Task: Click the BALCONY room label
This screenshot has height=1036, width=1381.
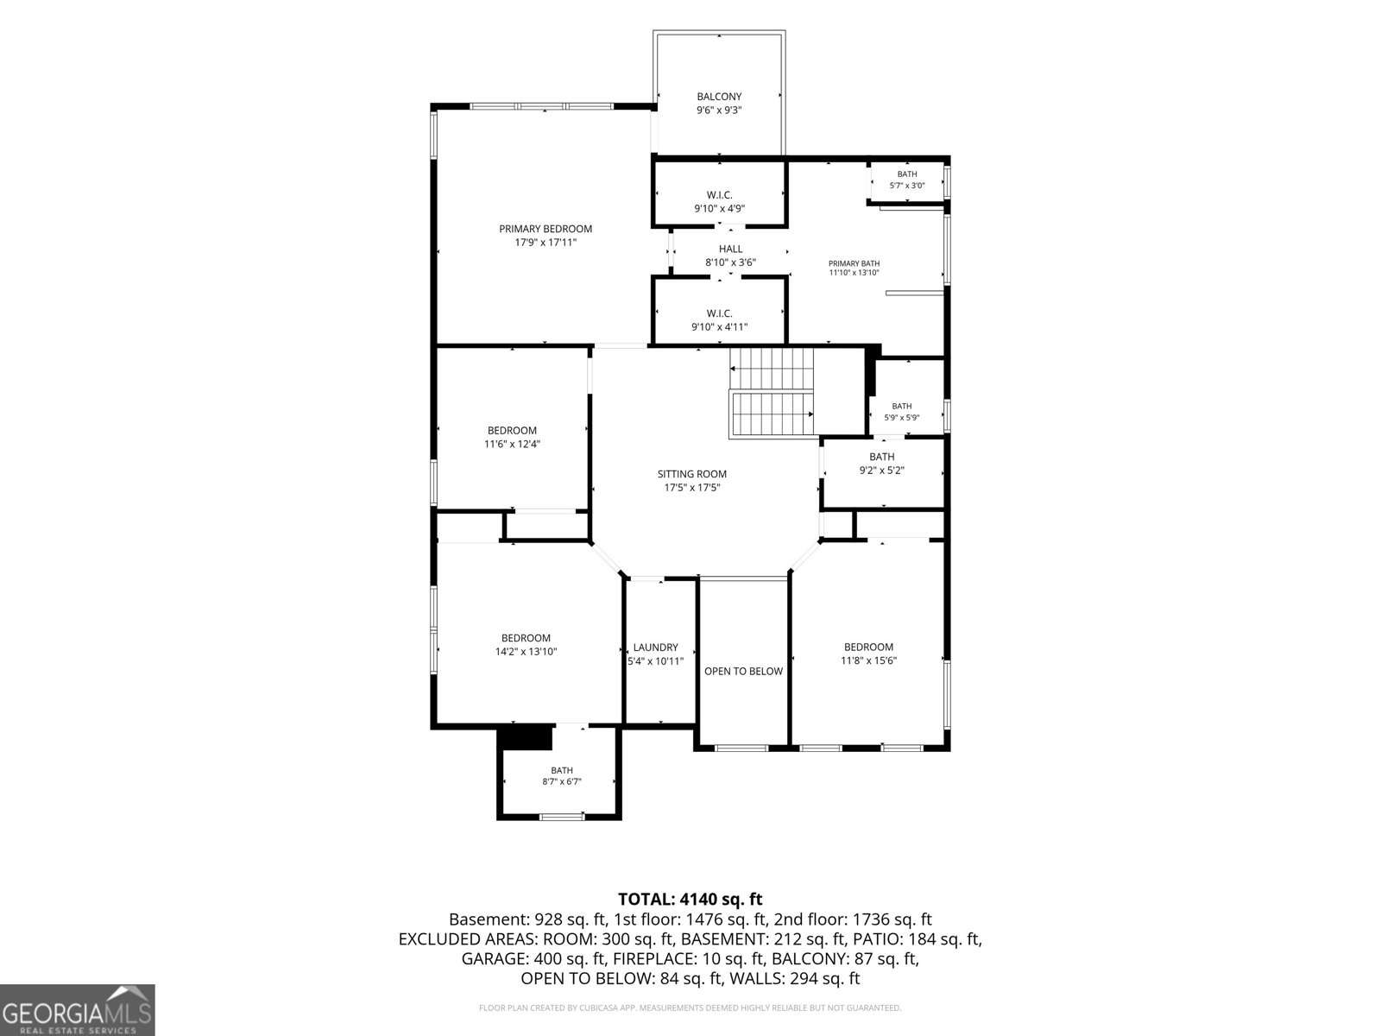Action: [x=718, y=97]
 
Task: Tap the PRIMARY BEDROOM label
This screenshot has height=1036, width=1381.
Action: [x=545, y=229]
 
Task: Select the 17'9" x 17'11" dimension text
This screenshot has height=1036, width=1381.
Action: [x=545, y=243]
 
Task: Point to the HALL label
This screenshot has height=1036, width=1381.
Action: [x=730, y=250]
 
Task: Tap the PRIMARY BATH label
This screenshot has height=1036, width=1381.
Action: [x=854, y=263]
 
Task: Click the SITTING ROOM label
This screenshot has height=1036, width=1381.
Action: [x=692, y=474]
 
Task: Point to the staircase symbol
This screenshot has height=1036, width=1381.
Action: [x=772, y=393]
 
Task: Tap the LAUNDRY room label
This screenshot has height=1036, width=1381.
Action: [x=656, y=647]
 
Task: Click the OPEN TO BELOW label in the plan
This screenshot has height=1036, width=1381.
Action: [x=743, y=671]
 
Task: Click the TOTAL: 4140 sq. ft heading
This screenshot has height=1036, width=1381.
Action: [x=690, y=900]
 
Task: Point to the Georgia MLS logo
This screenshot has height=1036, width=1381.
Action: [x=77, y=1010]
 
